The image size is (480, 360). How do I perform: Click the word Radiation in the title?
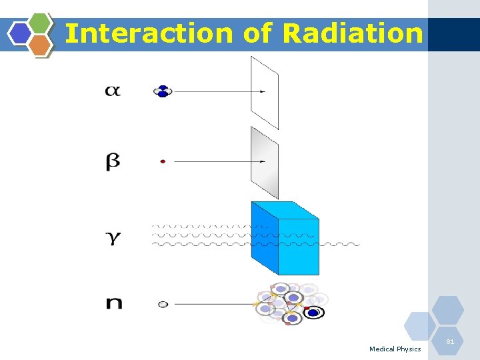(x=353, y=33)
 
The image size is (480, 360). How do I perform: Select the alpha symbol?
(x=113, y=91)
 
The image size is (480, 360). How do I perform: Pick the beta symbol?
(x=113, y=162)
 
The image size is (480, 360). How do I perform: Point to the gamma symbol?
(x=114, y=237)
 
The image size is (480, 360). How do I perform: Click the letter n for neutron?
(x=114, y=303)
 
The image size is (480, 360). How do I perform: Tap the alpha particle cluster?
(x=162, y=91)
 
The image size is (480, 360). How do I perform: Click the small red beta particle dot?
(x=163, y=161)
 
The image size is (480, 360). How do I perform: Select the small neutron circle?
(x=163, y=304)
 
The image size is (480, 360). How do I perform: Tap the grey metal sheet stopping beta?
(x=264, y=163)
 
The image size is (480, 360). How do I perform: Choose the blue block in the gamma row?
(x=285, y=238)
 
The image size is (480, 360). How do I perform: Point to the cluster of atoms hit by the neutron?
(x=291, y=304)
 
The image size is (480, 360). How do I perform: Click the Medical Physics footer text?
(x=395, y=349)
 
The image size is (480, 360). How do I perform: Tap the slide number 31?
(x=450, y=342)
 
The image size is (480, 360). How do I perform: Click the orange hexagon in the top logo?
(x=40, y=45)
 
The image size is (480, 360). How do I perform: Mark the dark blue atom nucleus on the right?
(x=313, y=312)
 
